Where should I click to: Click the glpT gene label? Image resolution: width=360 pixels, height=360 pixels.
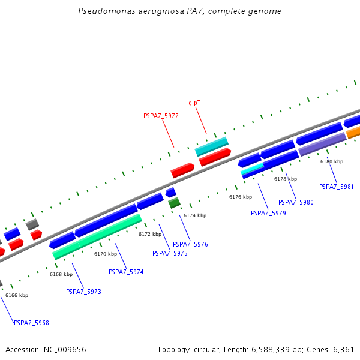194,103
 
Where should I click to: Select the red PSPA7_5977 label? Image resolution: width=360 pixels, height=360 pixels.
161,116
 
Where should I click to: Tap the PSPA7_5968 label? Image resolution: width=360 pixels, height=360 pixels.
31,323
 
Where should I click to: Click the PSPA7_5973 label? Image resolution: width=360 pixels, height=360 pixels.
83,292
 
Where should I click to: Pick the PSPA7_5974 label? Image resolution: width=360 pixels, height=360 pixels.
126,272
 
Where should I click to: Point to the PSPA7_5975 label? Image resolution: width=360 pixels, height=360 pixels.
170,253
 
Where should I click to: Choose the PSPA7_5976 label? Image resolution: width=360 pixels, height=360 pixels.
190,244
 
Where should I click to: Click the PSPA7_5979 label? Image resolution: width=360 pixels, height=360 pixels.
268,213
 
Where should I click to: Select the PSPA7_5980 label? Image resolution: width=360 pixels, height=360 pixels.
296,202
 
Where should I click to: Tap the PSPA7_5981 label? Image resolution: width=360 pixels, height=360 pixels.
337,187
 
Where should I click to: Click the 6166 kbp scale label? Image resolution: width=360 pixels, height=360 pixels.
17,295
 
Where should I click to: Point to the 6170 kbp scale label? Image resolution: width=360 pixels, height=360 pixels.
106,254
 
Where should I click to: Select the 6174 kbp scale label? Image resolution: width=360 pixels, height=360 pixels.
195,215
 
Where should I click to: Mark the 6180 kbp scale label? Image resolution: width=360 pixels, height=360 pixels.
332,161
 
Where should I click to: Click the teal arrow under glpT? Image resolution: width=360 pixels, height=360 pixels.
211,146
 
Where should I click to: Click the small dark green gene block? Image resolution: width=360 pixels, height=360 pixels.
174,203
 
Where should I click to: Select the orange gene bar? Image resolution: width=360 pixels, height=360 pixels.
353,132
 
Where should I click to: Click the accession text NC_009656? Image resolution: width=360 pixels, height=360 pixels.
46,349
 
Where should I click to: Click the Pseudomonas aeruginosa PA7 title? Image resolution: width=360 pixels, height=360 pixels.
180,11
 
